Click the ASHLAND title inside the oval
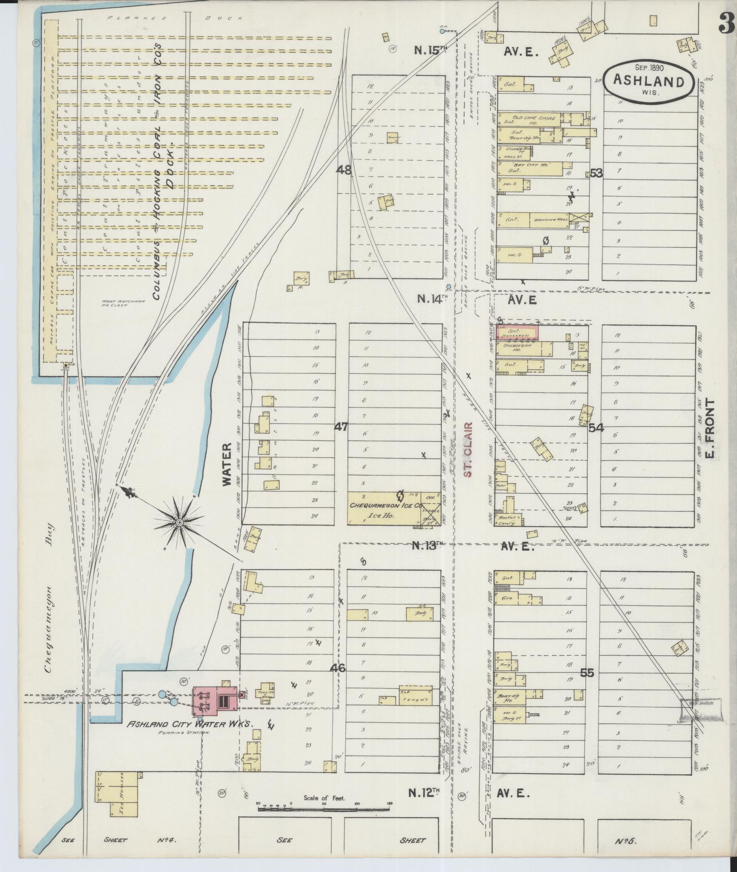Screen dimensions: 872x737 pos(648,81)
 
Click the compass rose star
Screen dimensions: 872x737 pos(180,523)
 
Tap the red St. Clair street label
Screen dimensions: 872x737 pos(469,450)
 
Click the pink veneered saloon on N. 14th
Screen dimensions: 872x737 pos(518,333)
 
